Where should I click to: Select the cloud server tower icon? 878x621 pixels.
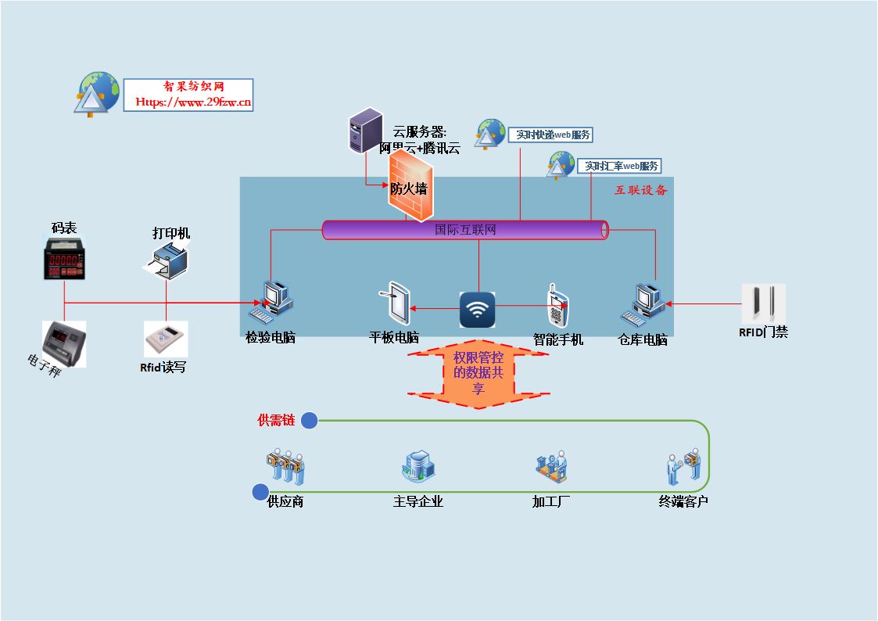pos(365,131)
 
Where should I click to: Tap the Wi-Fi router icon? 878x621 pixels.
pos(477,309)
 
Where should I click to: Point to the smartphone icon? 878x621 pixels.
pos(557,307)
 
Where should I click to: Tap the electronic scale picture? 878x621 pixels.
pos(64,342)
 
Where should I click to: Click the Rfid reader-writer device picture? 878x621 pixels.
pos(166,339)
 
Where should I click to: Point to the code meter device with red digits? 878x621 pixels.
pos(65,259)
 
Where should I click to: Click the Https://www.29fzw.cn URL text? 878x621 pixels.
pos(193,102)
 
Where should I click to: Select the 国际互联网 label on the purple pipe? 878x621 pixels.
pos(465,230)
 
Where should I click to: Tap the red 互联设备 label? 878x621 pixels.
pos(640,190)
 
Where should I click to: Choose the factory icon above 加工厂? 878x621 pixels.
pos(551,468)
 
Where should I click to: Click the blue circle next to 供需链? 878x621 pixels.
pos(310,421)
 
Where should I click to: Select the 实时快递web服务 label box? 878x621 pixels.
pos(550,135)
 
